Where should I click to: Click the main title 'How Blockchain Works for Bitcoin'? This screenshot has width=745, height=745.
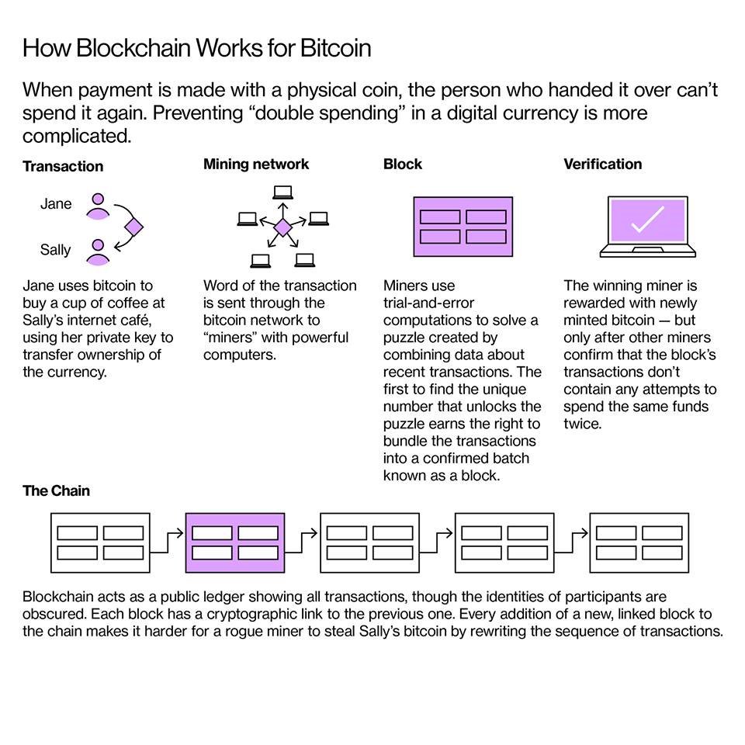196,48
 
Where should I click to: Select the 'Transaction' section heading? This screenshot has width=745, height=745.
62,166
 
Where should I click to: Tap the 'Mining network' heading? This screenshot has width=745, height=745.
255,164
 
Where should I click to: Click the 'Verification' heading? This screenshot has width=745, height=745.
602,164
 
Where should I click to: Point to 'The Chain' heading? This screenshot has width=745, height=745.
56,490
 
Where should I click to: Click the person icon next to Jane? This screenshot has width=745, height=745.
97,206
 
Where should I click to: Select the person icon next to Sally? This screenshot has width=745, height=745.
97,251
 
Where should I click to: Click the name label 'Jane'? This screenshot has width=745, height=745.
56,204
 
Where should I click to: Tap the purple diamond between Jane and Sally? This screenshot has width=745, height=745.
135,227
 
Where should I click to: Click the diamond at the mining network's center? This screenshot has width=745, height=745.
282,227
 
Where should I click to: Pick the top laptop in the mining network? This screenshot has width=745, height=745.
282,192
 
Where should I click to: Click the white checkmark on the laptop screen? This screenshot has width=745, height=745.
646,220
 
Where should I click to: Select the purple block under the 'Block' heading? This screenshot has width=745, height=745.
463,227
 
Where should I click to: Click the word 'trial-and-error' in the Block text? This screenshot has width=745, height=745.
428,303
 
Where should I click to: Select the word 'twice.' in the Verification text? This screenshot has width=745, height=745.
582,424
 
